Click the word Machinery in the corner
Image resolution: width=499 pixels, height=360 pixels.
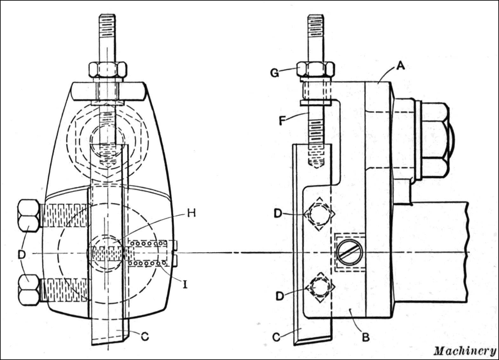click(465, 351)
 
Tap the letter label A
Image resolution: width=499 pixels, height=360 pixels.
click(401, 66)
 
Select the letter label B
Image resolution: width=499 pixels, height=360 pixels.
click(366, 337)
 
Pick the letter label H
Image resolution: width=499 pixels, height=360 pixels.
click(191, 213)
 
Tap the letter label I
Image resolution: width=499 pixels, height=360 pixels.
click(185, 284)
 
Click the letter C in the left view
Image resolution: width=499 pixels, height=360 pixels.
click(145, 336)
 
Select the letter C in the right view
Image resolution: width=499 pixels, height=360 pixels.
click(277, 337)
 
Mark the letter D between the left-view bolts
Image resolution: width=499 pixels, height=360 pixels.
click(22, 254)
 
